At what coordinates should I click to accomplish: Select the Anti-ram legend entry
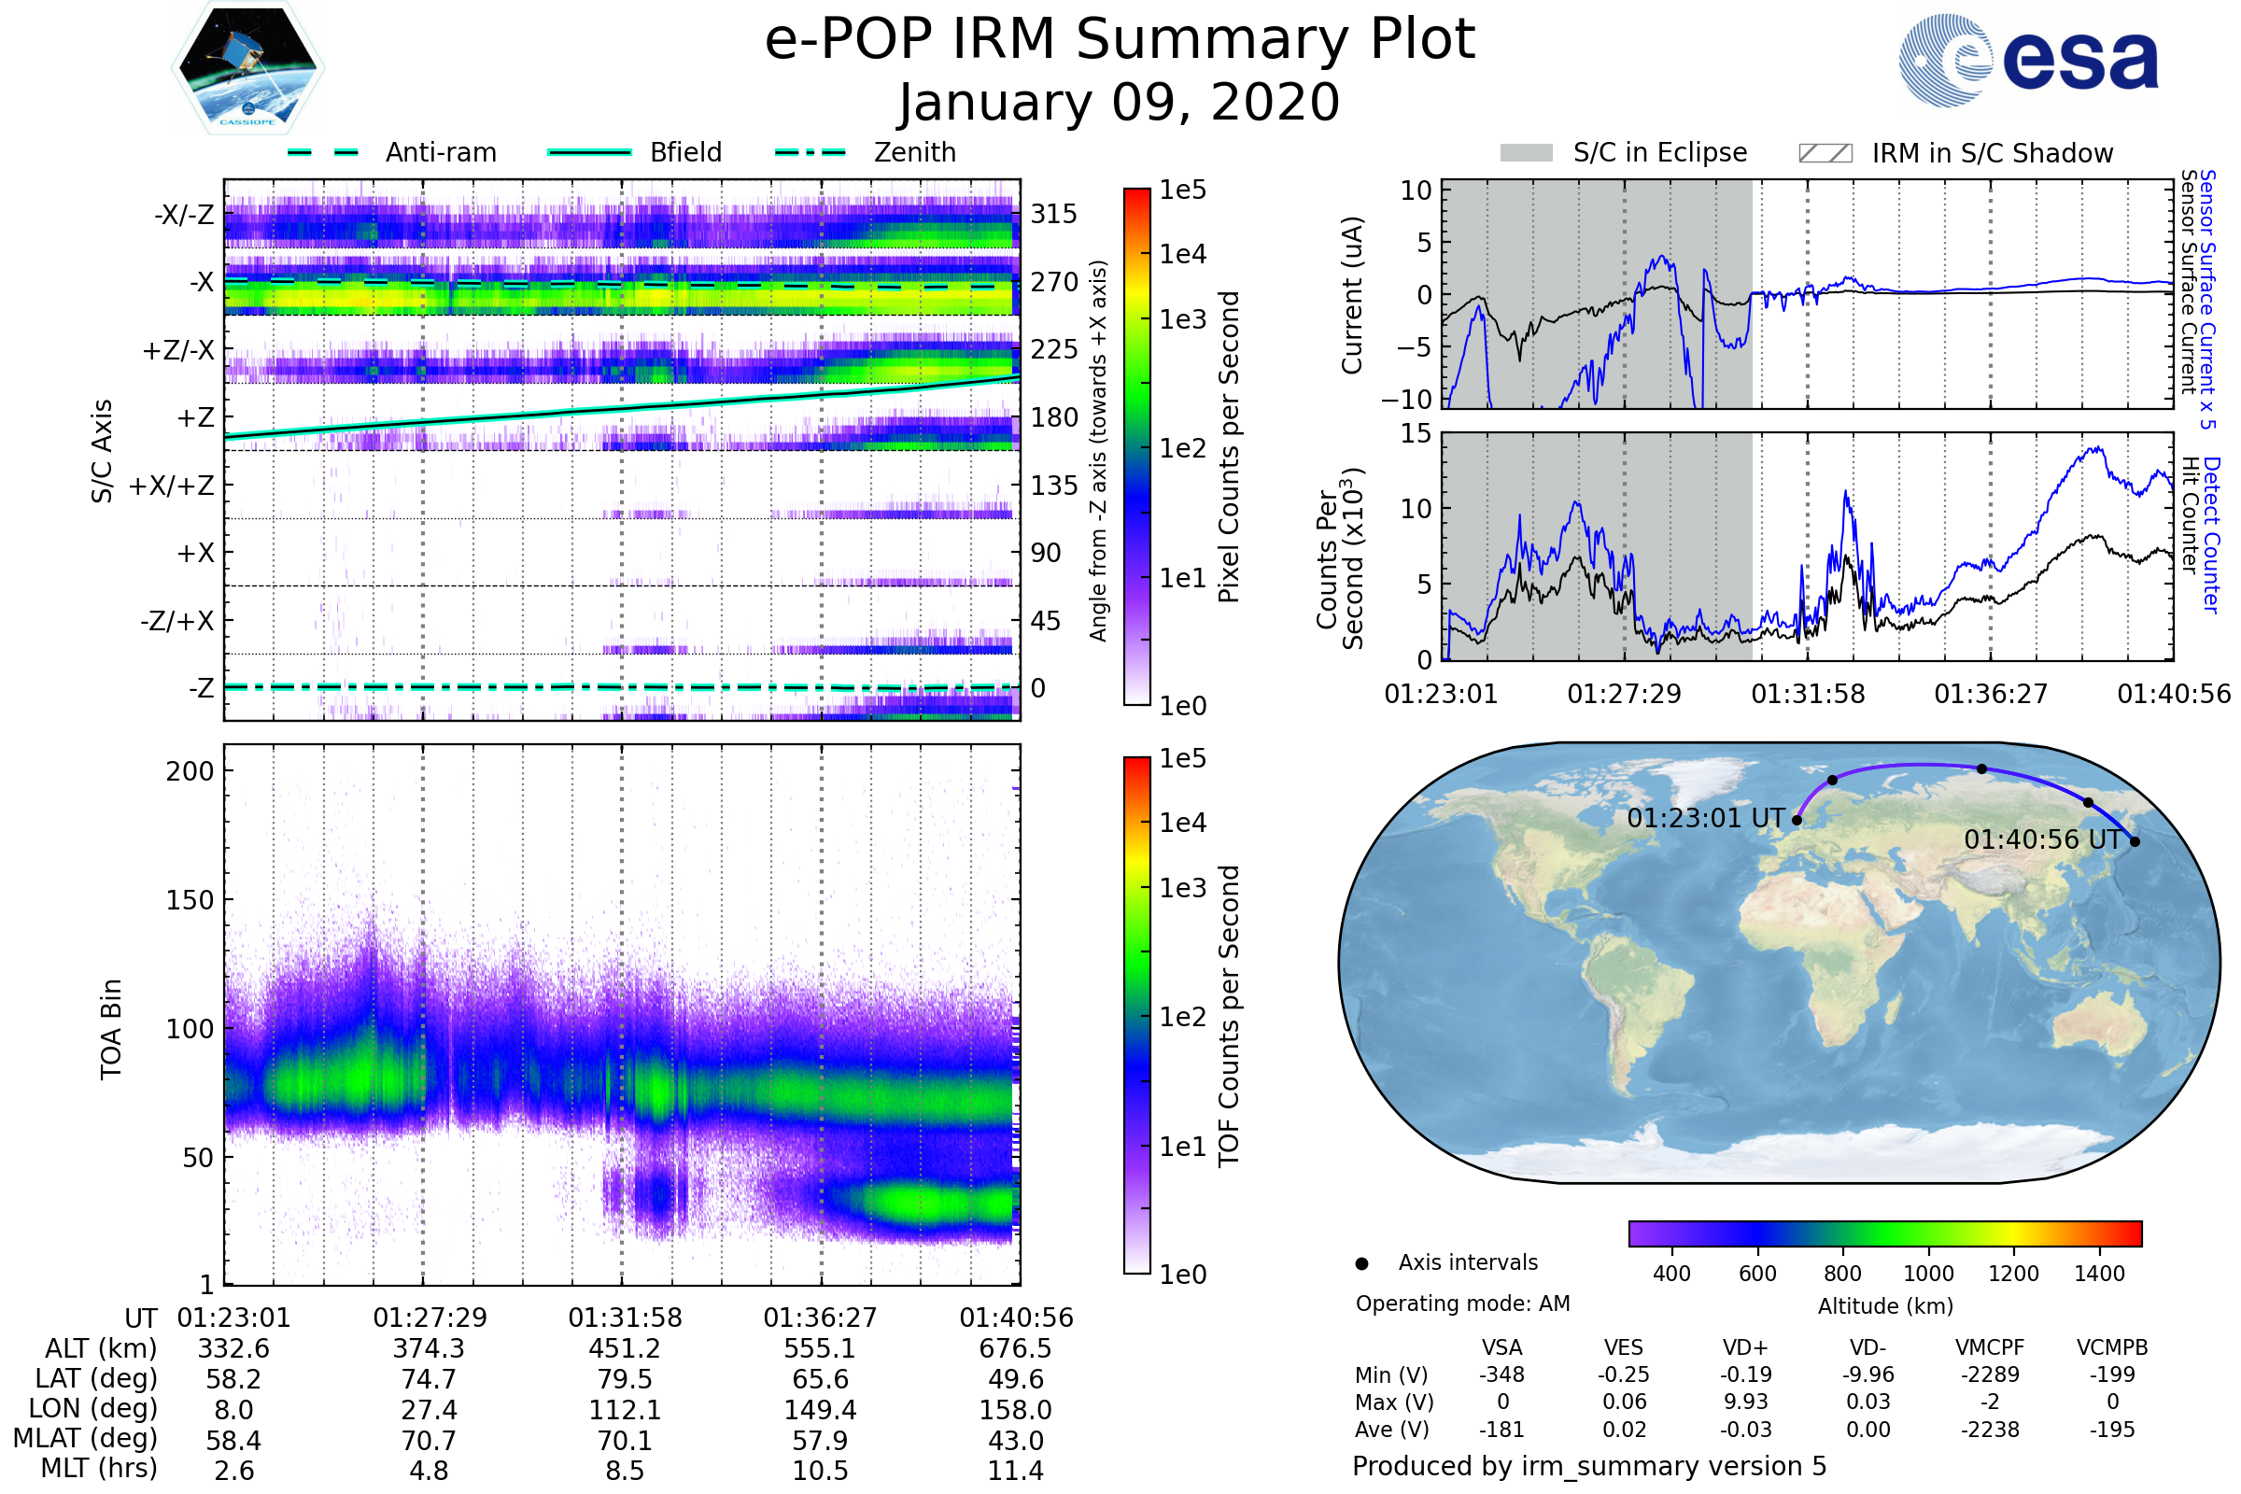[440, 152]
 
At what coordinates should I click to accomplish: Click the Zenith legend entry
[914, 152]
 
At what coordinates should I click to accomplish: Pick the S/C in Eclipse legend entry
[1659, 152]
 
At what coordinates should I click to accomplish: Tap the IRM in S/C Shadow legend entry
[1992, 153]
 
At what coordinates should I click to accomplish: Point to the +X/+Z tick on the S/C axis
[172, 486]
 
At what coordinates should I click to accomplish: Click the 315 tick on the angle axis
[1053, 214]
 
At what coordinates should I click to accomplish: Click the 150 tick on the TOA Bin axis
[190, 900]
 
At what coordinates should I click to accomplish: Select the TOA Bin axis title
[111, 1028]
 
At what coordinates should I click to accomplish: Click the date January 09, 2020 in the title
[1119, 103]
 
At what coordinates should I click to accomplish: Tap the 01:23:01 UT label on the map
[1705, 819]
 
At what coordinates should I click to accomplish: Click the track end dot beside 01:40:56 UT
[2135, 841]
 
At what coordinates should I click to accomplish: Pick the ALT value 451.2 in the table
[624, 1349]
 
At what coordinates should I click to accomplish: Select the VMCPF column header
[1990, 1348]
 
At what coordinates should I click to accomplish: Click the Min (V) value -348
[1501, 1374]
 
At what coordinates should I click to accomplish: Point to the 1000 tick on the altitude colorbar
[1927, 1274]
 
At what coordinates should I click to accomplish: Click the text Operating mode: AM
[1462, 1304]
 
